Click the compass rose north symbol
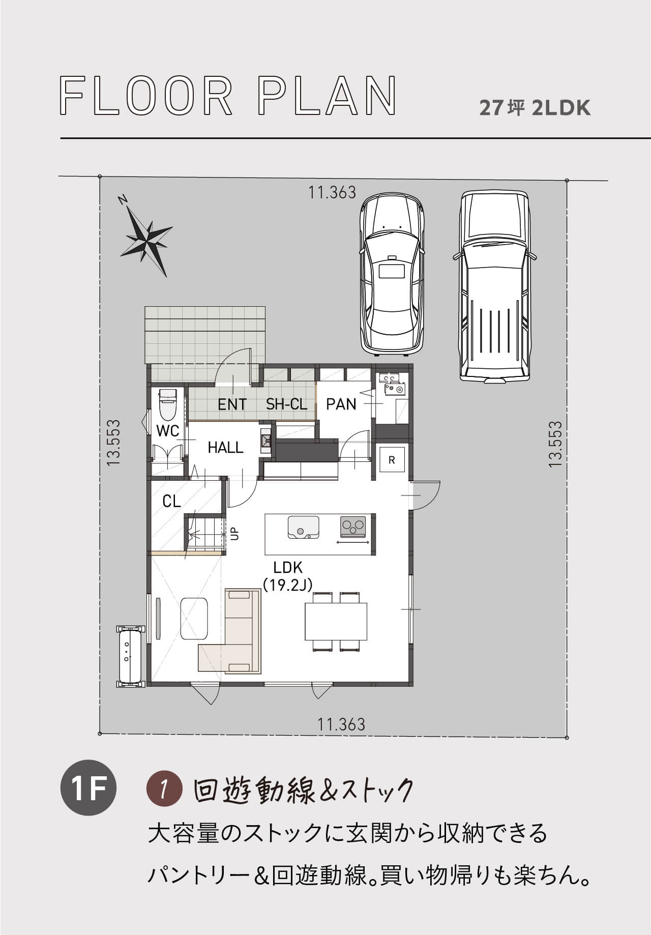click(x=145, y=237)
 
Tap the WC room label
click(x=167, y=431)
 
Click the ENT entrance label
click(x=232, y=404)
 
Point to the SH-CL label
click(x=287, y=404)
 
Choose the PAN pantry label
click(x=341, y=404)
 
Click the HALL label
click(x=226, y=448)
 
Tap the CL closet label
click(x=171, y=502)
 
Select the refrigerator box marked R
click(x=392, y=460)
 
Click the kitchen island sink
click(x=304, y=527)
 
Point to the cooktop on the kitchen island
click(x=353, y=526)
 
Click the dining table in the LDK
click(x=336, y=622)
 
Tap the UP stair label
click(x=234, y=534)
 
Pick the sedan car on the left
click(x=392, y=273)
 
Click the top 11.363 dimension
click(x=332, y=192)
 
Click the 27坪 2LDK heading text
click(x=535, y=108)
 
